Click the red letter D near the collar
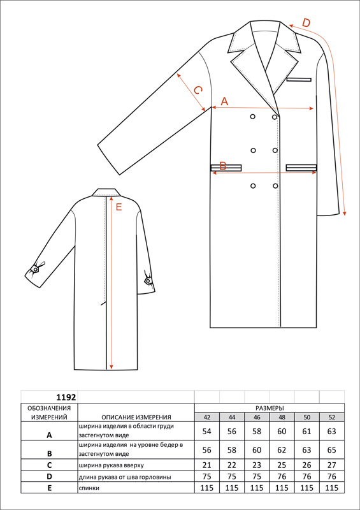point(306,23)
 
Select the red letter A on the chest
point(224,101)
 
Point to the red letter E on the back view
point(119,207)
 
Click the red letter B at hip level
point(223,166)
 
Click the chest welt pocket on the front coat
point(299,79)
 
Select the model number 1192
point(66,397)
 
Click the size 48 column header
point(282,418)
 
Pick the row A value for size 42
point(207,432)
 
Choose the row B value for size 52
point(332,450)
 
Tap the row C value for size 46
point(257,465)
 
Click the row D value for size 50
point(306,477)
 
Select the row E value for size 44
point(232,488)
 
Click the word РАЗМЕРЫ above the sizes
point(270,408)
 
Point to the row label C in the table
point(50,465)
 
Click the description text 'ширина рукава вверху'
point(111,465)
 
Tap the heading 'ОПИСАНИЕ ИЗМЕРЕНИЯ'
point(136,418)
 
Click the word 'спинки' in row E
point(88,488)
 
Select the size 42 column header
point(207,418)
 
